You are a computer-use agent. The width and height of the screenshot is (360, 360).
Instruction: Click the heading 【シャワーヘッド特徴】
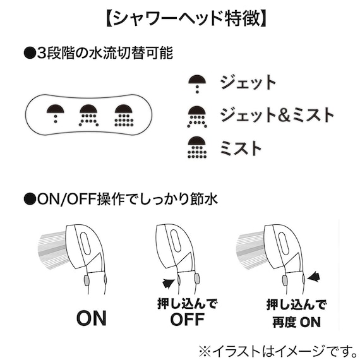click(186, 18)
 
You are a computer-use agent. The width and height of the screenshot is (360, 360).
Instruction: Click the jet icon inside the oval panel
click(56, 114)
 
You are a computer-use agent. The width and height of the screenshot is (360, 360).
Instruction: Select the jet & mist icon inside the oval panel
click(88, 116)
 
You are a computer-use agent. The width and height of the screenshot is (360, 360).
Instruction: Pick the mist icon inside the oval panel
click(124, 116)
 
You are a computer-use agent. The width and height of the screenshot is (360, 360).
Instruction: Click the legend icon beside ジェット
click(197, 84)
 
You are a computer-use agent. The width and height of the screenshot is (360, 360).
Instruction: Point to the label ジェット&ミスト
click(277, 114)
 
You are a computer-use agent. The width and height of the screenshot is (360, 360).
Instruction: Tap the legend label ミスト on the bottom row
click(241, 147)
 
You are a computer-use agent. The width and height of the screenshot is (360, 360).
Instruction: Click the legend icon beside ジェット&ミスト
click(197, 117)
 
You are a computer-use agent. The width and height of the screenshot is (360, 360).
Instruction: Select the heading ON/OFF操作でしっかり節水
click(121, 199)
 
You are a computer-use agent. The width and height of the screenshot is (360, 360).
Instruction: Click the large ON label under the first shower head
click(92, 318)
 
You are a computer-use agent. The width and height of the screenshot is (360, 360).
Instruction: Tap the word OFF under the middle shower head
click(188, 319)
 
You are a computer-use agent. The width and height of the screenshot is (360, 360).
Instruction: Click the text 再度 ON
click(297, 322)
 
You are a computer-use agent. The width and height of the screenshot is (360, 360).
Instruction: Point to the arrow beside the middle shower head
click(169, 283)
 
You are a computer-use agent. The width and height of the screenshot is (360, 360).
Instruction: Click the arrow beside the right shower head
click(314, 277)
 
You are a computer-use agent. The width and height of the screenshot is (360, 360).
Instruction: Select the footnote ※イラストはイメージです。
click(279, 351)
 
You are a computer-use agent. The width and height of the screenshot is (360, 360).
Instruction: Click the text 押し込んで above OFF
click(188, 304)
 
